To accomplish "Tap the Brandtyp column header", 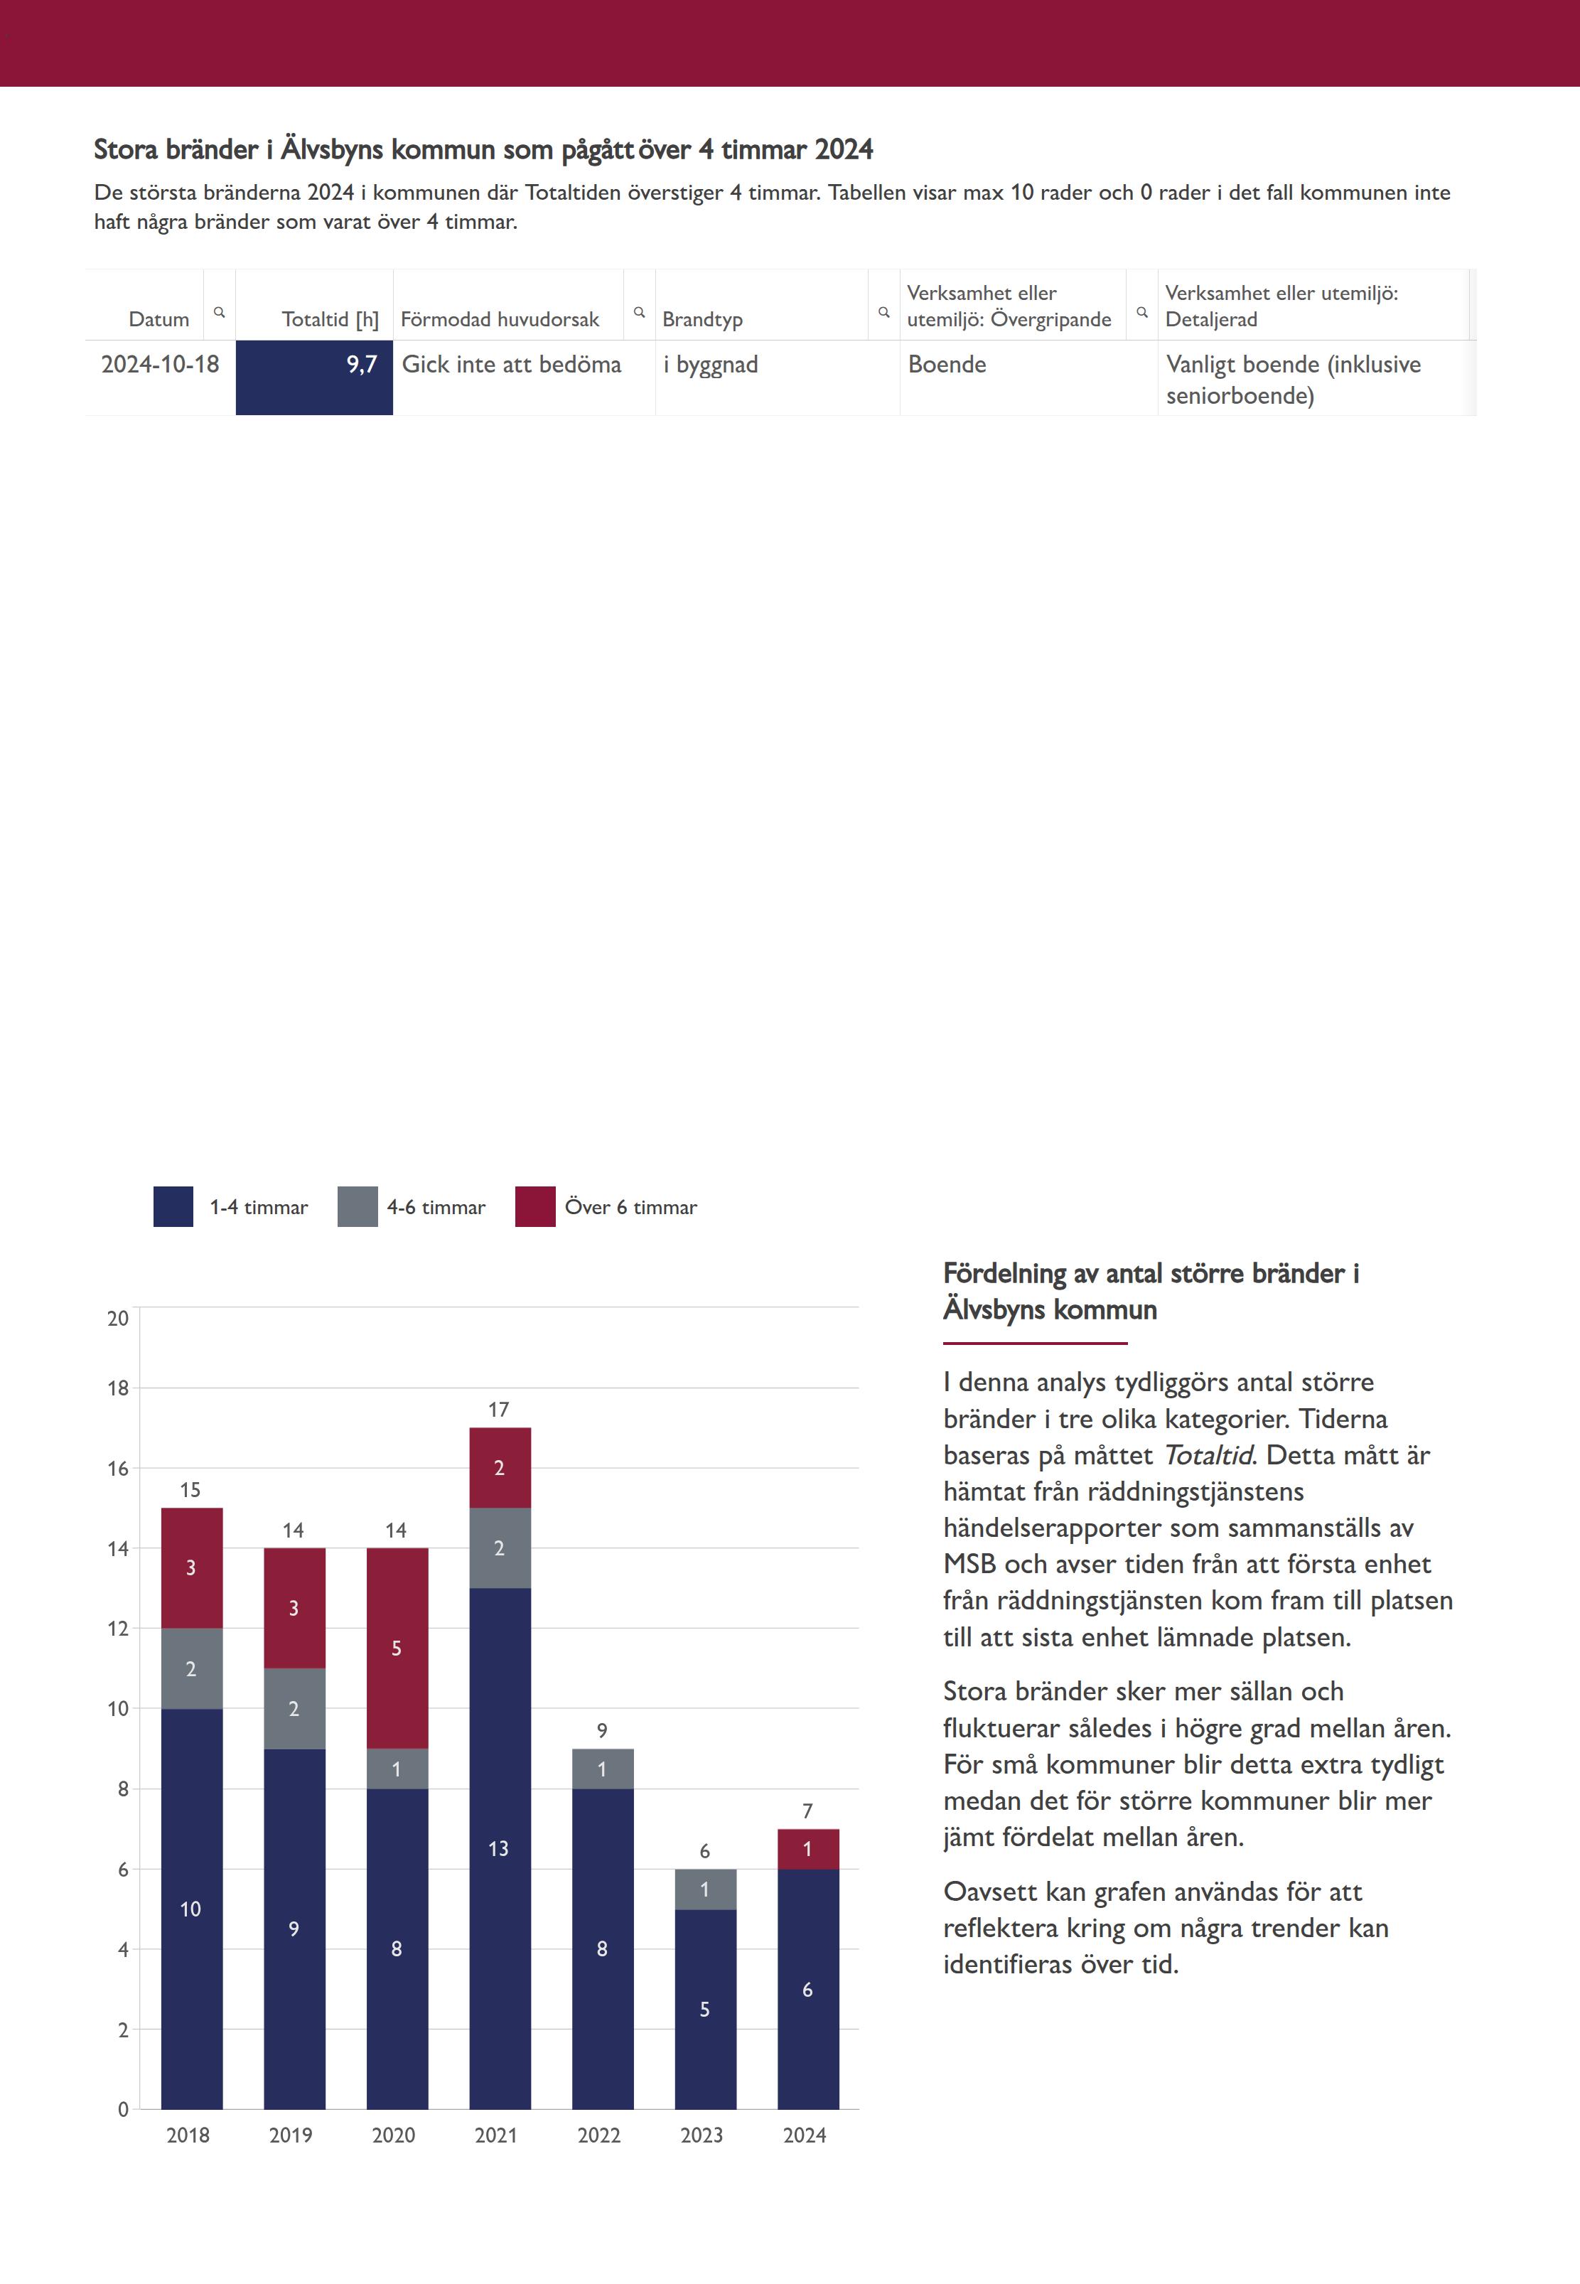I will (x=702, y=318).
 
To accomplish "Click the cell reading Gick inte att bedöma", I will (x=511, y=365).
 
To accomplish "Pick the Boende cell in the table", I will (x=947, y=365).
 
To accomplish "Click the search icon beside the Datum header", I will (x=220, y=312).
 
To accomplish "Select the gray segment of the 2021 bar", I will (x=500, y=1548).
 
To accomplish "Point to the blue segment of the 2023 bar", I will (x=705, y=2010).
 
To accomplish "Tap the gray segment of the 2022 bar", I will (x=602, y=1768).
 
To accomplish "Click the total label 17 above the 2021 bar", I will (x=499, y=1409).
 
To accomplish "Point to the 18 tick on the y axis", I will (x=118, y=1388).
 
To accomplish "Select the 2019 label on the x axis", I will (x=291, y=2135).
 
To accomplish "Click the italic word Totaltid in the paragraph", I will (x=1208, y=1455).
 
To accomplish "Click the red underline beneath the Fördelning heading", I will (x=1035, y=1344).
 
